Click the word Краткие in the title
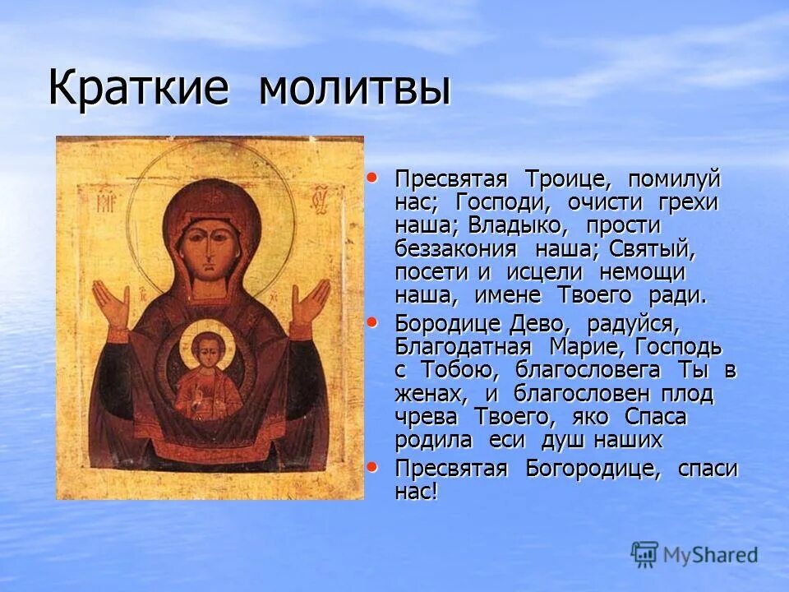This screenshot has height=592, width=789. tap(137, 88)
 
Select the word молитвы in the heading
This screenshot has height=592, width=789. tap(355, 88)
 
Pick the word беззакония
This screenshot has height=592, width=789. tap(455, 248)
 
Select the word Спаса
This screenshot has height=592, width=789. tap(654, 416)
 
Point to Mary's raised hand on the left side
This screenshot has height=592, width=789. tap(112, 304)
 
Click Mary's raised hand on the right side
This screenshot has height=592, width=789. tap(310, 302)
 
